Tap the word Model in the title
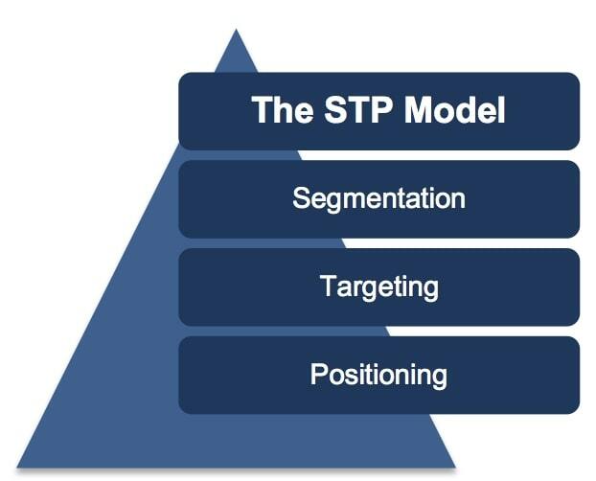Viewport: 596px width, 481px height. pos(454,111)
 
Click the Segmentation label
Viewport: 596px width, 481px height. pos(378,199)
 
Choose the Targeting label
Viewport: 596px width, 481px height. pos(378,287)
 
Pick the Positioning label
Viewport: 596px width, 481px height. pos(378,375)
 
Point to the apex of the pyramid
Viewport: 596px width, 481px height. pos(236,32)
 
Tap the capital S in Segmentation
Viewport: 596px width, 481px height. pos(301,199)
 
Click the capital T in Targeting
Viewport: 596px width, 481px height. pos(326,286)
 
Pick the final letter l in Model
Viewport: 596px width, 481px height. pos(500,111)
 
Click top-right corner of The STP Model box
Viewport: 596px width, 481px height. pos(578,75)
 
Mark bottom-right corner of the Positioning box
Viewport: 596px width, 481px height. pos(578,412)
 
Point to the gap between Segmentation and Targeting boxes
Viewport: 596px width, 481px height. pos(378,243)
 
